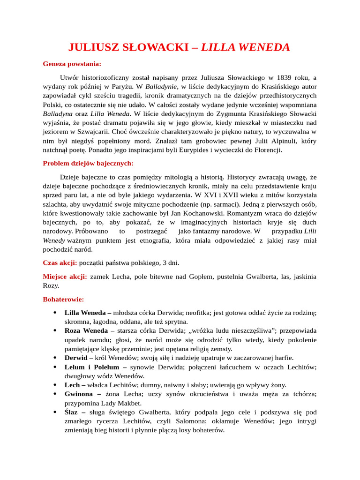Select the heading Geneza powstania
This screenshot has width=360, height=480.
point(72,63)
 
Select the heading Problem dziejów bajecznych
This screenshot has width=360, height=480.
point(88,163)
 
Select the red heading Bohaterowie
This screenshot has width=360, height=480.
point(63,299)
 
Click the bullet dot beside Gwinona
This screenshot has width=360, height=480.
point(55,394)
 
